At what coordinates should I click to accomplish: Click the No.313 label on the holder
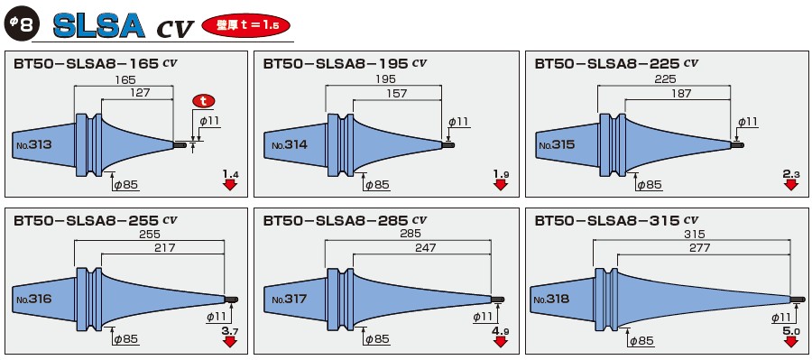33,144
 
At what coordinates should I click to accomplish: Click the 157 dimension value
396,94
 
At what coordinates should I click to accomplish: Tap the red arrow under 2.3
791,185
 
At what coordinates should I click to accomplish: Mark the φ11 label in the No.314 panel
458,122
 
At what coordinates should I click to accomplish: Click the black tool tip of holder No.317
497,300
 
